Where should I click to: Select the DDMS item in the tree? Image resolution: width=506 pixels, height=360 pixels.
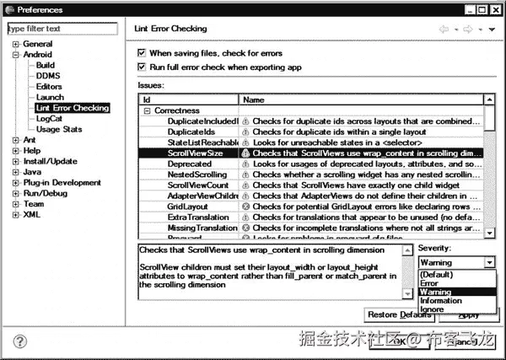pos(47,75)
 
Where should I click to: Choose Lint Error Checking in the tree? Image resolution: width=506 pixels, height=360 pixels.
pos(73,108)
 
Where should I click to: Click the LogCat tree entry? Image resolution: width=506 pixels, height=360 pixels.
pos(50,119)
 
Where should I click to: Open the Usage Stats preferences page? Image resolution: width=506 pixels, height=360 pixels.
pos(59,130)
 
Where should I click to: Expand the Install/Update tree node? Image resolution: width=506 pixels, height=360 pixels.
pos(16,161)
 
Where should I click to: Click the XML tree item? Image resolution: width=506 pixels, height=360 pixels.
pos(31,215)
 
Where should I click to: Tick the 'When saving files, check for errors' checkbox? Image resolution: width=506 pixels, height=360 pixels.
pos(142,53)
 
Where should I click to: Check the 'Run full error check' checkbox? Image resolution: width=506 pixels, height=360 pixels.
pos(142,67)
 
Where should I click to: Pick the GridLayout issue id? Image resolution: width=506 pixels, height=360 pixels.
pos(188,206)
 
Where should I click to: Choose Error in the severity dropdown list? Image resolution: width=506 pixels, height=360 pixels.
pos(431,283)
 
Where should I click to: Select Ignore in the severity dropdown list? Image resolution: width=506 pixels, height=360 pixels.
pos(433,309)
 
